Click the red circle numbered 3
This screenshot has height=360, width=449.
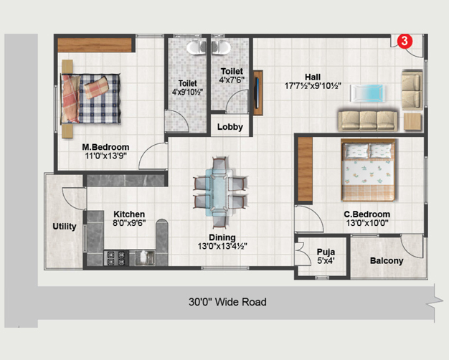405,41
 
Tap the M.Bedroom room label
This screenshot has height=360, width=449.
105,147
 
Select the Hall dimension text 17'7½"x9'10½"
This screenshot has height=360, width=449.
313,85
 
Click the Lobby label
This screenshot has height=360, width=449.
230,127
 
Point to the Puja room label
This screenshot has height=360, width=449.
326,252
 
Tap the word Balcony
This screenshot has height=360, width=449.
387,260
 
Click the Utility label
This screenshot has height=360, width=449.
65,227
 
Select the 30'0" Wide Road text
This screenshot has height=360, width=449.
227,302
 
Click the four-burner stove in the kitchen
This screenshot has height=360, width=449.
116,257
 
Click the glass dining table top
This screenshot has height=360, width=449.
219,192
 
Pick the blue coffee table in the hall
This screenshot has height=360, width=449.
367,93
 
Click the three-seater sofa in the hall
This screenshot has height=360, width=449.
368,121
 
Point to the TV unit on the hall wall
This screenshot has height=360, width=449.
258,93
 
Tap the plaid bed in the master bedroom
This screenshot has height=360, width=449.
90,99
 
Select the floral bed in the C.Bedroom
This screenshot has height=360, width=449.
368,170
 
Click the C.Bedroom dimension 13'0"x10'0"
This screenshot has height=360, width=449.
367,223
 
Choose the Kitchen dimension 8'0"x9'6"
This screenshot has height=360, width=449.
129,223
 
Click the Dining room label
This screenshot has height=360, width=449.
222,237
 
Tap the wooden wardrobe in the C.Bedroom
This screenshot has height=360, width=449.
306,169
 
